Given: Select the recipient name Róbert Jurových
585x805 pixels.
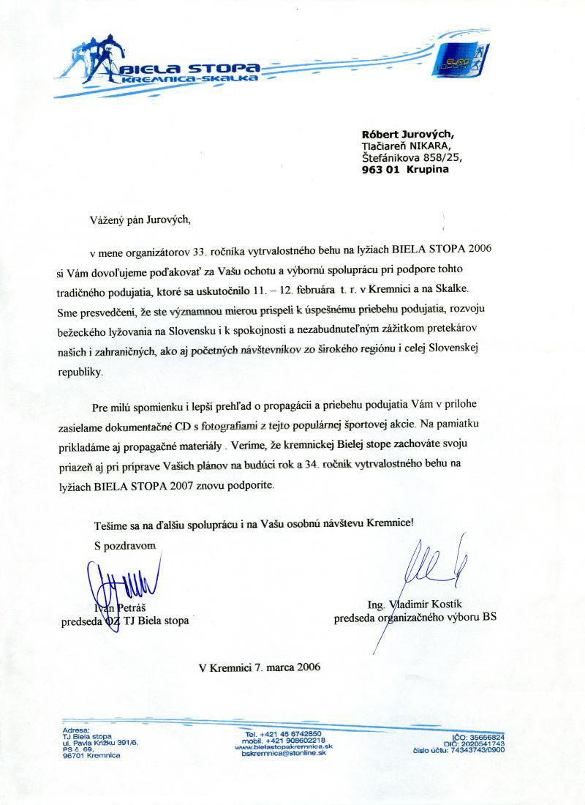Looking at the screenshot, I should point(408,134).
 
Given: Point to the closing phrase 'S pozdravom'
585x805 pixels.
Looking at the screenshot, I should point(125,545).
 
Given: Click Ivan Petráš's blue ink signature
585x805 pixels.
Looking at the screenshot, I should point(124,583).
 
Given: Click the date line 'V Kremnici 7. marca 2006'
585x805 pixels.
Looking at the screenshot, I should point(259,667).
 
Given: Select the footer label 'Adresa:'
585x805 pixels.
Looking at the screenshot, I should point(76,730).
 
